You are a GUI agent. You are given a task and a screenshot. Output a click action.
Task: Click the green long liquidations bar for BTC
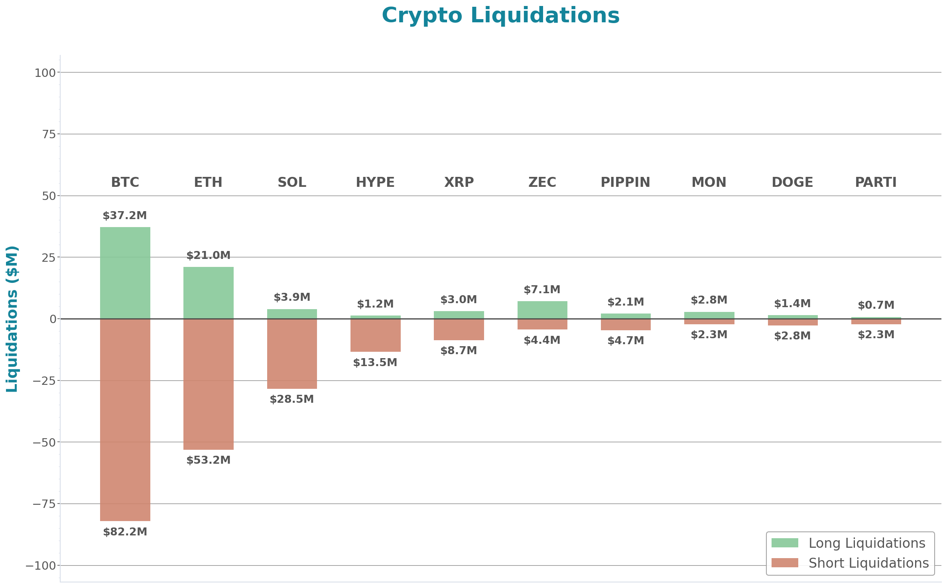[125, 273]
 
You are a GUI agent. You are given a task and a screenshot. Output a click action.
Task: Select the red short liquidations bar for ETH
[208, 384]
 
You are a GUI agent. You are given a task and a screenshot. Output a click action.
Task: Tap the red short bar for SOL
[292, 354]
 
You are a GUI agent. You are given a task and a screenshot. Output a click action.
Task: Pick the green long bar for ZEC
[542, 310]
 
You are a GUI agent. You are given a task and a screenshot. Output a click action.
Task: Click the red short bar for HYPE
[375, 335]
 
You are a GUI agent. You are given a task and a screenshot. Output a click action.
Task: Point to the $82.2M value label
[125, 532]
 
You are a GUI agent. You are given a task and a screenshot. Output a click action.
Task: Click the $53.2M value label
[208, 460]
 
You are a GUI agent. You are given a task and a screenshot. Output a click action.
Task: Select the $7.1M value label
[542, 290]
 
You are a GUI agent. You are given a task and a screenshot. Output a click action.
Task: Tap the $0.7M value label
[876, 305]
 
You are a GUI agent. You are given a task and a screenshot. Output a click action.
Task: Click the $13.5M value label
[375, 363]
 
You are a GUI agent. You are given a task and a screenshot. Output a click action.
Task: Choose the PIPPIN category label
[625, 182]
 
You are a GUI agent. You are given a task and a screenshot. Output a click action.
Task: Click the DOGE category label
[792, 182]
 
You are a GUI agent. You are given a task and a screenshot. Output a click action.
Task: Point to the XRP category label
[459, 182]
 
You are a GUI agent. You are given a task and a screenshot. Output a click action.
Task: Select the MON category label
[709, 182]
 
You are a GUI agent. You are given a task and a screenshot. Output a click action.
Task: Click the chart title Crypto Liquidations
[500, 16]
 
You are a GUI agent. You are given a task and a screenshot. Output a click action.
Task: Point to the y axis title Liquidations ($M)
[12, 319]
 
